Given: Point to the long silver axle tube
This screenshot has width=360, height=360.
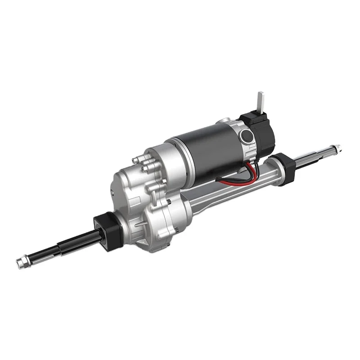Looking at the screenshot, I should click(x=234, y=189).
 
